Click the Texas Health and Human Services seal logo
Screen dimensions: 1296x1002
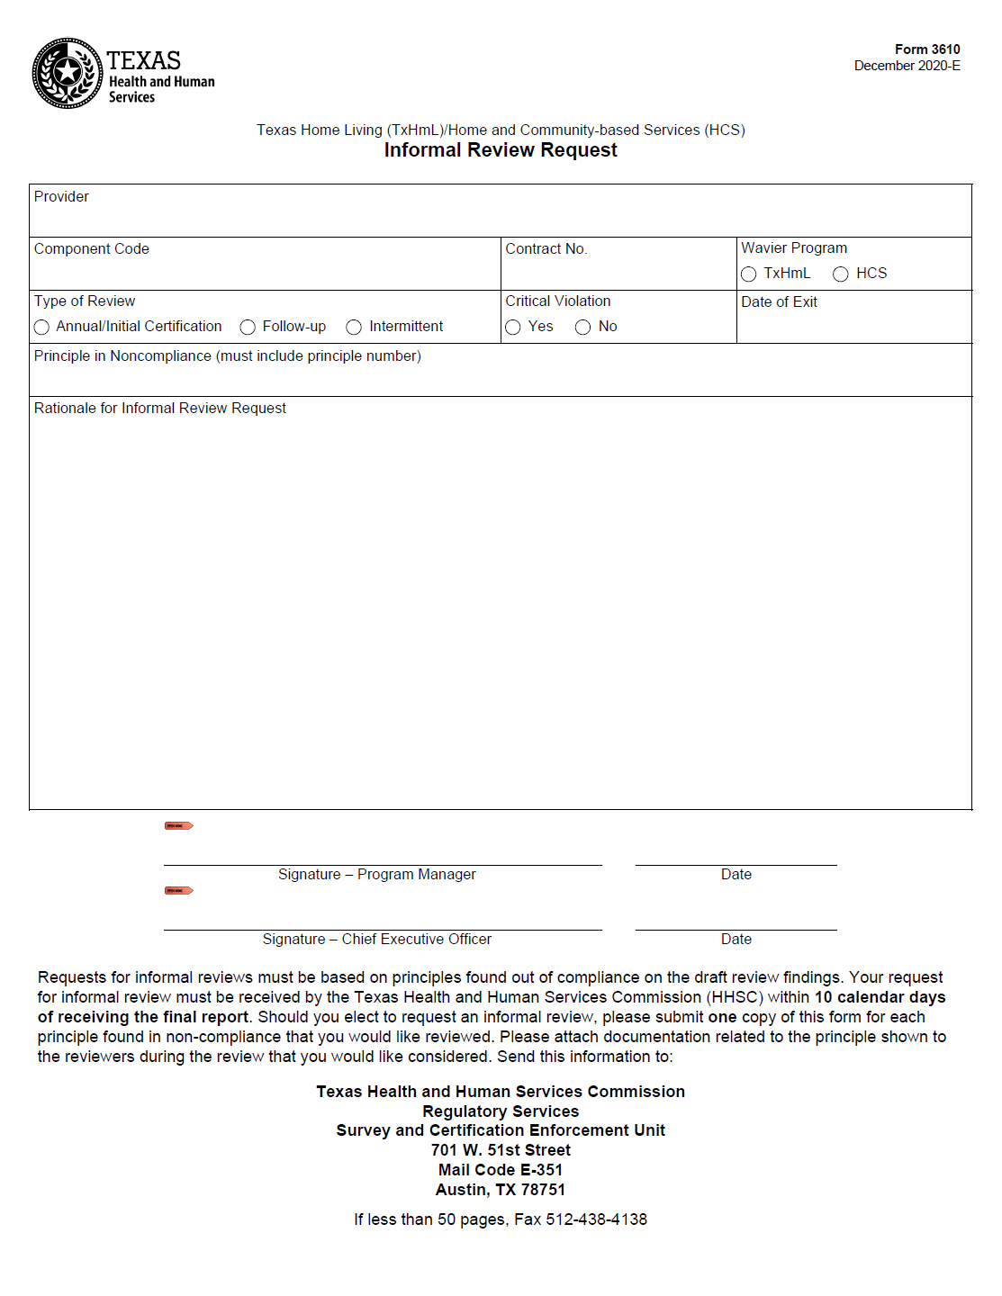point(68,73)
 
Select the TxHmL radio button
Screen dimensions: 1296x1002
point(748,274)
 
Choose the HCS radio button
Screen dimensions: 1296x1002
point(841,274)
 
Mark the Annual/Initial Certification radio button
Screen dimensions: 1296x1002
point(41,328)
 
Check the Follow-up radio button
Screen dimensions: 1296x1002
point(248,328)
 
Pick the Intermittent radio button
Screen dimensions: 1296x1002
point(354,328)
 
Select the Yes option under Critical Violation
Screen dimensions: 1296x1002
point(513,328)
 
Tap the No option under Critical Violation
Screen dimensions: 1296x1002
point(582,328)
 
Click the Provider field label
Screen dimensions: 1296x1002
point(61,196)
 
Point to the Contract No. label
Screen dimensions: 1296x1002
point(546,248)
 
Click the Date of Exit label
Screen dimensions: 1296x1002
point(779,301)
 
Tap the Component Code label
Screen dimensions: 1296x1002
point(91,248)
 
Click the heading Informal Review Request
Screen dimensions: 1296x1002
point(501,150)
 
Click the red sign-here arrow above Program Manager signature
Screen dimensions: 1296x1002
point(178,825)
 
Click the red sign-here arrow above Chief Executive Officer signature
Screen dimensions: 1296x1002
point(178,890)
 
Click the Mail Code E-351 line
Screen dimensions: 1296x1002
point(501,1170)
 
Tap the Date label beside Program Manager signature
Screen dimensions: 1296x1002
point(736,874)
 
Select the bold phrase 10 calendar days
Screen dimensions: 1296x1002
point(880,997)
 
